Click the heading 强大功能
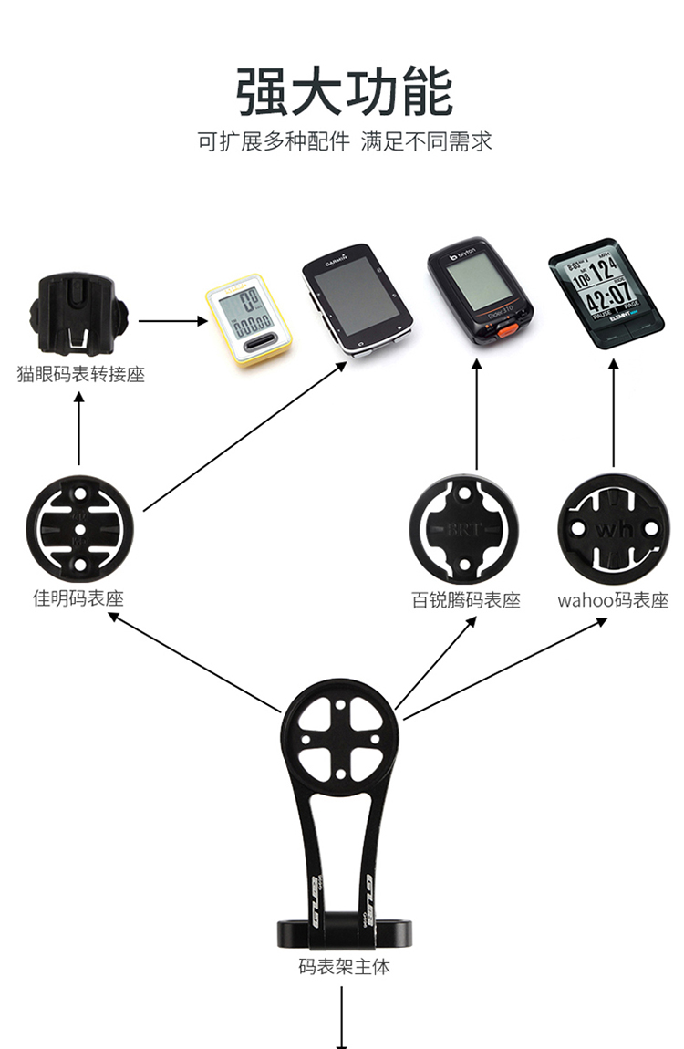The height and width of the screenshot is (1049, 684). click(344, 92)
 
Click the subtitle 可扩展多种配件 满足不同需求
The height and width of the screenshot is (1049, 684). click(344, 142)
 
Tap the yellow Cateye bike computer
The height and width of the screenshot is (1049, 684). click(250, 319)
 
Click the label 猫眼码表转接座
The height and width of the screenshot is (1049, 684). click(80, 375)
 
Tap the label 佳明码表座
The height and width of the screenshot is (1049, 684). click(78, 599)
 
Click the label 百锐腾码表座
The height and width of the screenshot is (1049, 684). click(465, 601)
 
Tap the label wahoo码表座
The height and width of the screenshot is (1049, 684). click(613, 601)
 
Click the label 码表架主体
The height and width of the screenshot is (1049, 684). click(344, 967)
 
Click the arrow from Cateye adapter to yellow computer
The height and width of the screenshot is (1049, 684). click(171, 320)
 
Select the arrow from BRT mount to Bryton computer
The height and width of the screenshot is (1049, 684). click(476, 415)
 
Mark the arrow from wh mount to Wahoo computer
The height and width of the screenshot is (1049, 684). click(613, 415)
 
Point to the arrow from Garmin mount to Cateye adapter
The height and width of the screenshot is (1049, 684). click(79, 429)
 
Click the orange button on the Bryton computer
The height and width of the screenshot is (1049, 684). click(500, 328)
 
